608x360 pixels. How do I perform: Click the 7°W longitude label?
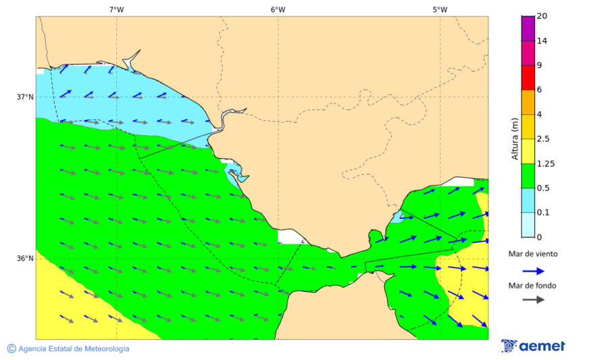coord(116,9)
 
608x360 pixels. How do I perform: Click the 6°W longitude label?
coord(278,9)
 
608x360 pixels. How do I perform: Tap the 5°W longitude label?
coord(440,9)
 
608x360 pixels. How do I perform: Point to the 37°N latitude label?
coord(25,97)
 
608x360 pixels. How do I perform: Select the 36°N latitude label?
coord(25,258)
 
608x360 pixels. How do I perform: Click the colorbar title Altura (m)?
coord(515,138)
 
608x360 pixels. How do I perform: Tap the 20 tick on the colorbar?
coord(542,16)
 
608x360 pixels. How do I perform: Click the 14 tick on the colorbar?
coord(542,41)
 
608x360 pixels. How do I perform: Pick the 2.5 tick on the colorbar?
coord(542,138)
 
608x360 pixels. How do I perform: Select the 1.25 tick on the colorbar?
coord(544,163)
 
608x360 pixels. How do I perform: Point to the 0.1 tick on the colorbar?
coord(542,212)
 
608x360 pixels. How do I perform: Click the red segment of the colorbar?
coord(528,77)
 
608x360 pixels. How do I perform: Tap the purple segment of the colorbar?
coord(528,28)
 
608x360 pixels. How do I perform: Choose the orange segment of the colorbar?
coord(528,101)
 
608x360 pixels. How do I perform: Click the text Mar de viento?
coord(533,254)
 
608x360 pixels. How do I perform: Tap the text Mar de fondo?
coord(533,285)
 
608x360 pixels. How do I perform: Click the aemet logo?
coord(533,346)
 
